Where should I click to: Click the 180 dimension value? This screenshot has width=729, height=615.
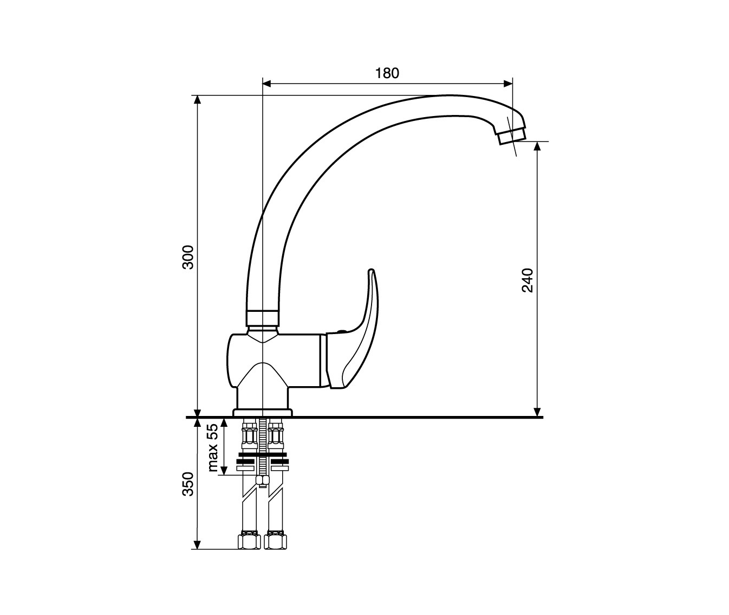coord(387,73)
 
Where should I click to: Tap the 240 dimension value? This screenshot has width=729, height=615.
coord(528,280)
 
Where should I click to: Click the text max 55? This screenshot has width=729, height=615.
coord(213,447)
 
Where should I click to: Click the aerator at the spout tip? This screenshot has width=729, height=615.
coord(512,135)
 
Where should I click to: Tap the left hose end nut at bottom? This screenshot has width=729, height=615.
coord(249,541)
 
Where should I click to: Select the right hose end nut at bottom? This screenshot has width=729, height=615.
coord(276,541)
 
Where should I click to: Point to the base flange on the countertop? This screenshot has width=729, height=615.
coord(262,413)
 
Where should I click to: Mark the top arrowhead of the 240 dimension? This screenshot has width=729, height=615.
coord(537,146)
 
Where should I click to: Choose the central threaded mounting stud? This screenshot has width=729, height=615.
coord(263,450)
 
